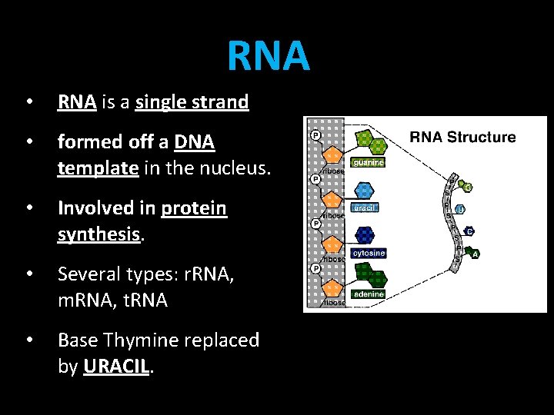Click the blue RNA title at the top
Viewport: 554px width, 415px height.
(269, 55)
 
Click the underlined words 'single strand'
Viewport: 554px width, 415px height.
(192, 102)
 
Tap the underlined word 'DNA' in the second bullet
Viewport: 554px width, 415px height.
(195, 142)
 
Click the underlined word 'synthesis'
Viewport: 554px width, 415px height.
(99, 234)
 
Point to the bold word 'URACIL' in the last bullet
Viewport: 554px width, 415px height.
(117, 367)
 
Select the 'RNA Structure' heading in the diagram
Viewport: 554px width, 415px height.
(462, 138)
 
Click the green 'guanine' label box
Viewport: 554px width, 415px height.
(368, 163)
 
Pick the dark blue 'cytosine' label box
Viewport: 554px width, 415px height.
(368, 253)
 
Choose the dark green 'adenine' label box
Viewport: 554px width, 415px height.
(367, 294)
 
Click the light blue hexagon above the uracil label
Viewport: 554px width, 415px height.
(364, 191)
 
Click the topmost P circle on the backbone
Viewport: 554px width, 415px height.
(315, 136)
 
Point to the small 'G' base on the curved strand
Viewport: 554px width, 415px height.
(468, 188)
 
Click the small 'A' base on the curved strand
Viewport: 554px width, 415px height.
(476, 254)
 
